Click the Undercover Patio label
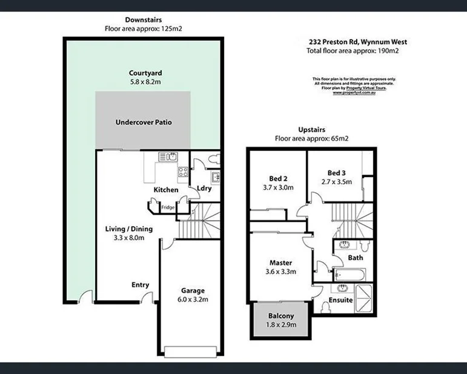click(144, 122)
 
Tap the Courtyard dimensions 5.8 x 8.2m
click(145, 81)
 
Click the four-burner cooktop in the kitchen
click(182, 172)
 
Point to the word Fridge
click(168, 208)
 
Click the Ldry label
click(204, 189)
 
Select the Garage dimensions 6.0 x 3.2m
click(193, 299)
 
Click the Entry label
click(140, 285)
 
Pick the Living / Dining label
click(130, 229)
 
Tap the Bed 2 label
click(277, 178)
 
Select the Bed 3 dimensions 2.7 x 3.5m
click(336, 181)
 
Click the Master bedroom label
click(281, 262)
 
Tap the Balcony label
click(281, 316)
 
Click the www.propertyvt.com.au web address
click(354, 93)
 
